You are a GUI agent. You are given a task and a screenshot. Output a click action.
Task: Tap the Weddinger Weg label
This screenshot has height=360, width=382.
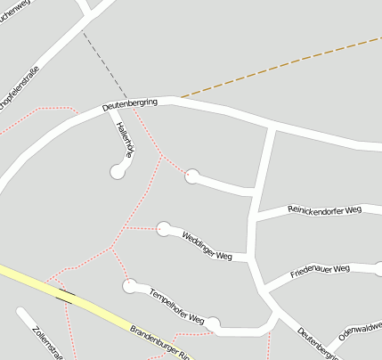[x=207, y=245]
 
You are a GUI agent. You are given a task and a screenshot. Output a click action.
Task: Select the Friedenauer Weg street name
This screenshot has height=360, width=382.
[x=321, y=270]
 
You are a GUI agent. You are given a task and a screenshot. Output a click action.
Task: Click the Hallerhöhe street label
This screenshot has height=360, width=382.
[x=125, y=140]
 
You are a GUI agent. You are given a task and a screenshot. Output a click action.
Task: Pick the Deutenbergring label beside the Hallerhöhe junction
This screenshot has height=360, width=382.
[x=130, y=104]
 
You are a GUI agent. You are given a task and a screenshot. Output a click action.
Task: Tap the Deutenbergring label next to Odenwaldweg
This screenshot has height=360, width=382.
[x=319, y=343]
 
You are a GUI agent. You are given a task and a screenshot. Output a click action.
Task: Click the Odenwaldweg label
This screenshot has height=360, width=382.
[x=360, y=330]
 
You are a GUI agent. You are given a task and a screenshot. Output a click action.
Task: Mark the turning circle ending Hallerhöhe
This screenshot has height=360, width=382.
[x=118, y=171]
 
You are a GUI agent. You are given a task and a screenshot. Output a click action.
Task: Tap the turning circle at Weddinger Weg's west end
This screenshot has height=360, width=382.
[x=164, y=229]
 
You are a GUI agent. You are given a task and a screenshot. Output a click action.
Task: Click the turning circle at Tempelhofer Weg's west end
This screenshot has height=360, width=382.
[x=130, y=285]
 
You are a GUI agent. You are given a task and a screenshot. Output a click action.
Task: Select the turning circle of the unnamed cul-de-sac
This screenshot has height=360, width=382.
[x=191, y=176]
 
